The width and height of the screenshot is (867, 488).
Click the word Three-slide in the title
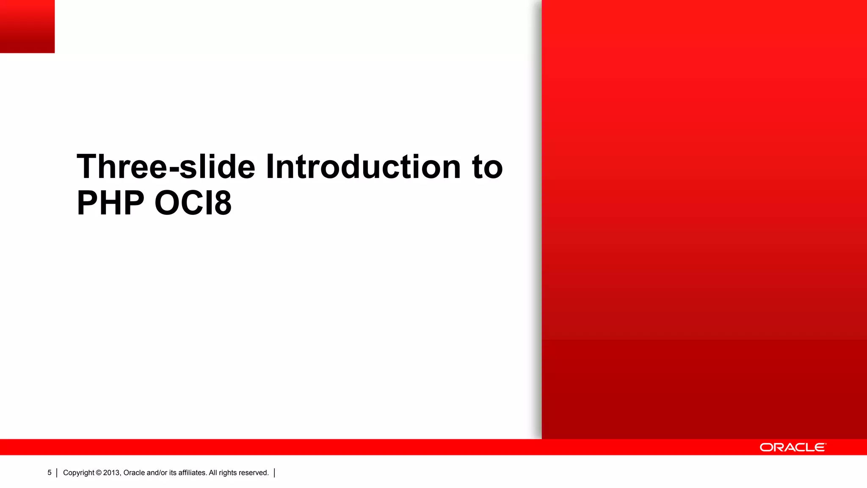click(x=166, y=166)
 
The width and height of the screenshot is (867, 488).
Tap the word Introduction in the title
click(x=363, y=166)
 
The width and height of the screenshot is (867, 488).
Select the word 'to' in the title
click(x=487, y=166)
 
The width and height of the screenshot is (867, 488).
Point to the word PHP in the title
click(x=110, y=203)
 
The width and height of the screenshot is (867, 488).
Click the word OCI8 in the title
click(x=193, y=203)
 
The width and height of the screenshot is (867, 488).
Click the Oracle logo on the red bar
click(x=792, y=447)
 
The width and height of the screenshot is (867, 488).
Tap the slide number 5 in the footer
click(x=50, y=473)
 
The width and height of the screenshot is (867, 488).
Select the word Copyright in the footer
click(x=78, y=473)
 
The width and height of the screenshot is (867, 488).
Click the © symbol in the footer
click(x=99, y=473)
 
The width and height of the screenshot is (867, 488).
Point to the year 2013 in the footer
click(x=112, y=473)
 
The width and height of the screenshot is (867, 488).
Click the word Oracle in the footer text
click(x=134, y=473)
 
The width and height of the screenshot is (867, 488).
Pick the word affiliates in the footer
click(x=192, y=473)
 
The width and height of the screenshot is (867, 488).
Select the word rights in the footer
click(x=228, y=473)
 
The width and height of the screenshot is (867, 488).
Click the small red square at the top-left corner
click(x=27, y=26)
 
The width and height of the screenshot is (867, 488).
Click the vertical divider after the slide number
click(x=57, y=473)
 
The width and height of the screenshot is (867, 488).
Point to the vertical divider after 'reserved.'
click(x=275, y=473)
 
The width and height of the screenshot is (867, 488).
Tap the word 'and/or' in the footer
click(x=157, y=473)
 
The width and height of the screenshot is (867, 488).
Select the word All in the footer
click(x=213, y=473)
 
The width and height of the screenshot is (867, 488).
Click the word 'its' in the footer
click(x=173, y=473)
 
